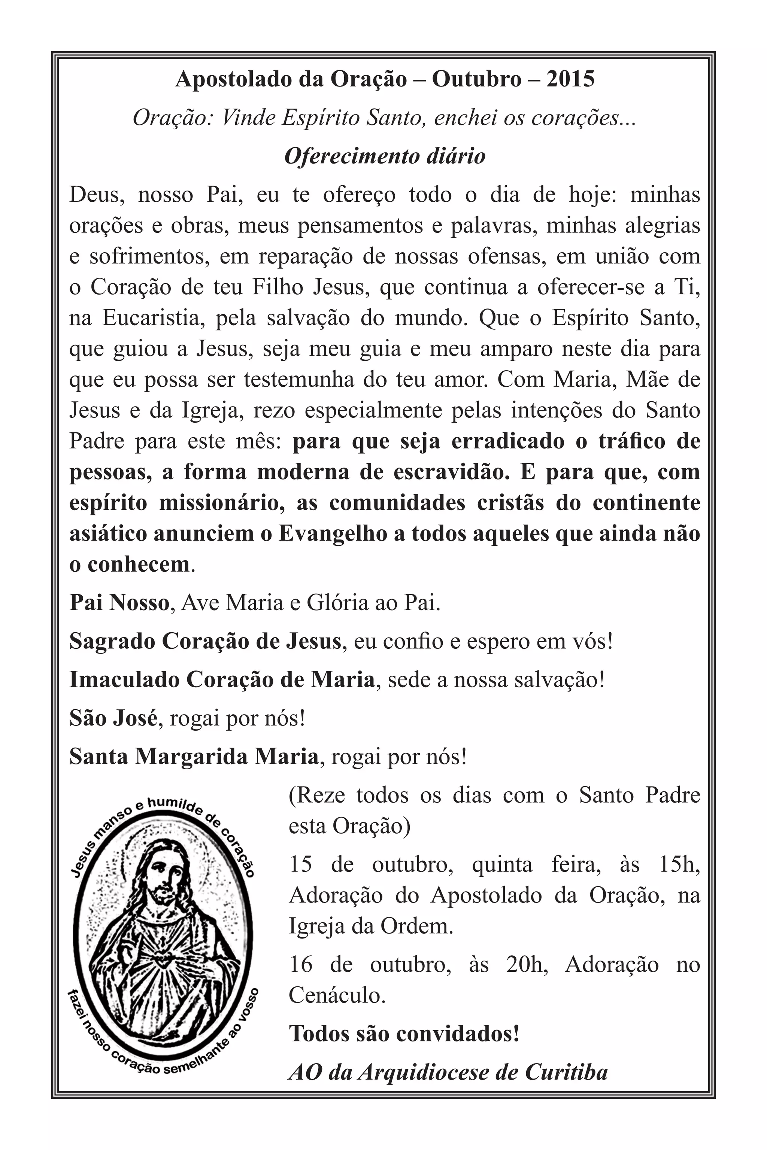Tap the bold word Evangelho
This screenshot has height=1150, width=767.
point(333,534)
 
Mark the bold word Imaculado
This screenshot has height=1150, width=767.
point(123,680)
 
